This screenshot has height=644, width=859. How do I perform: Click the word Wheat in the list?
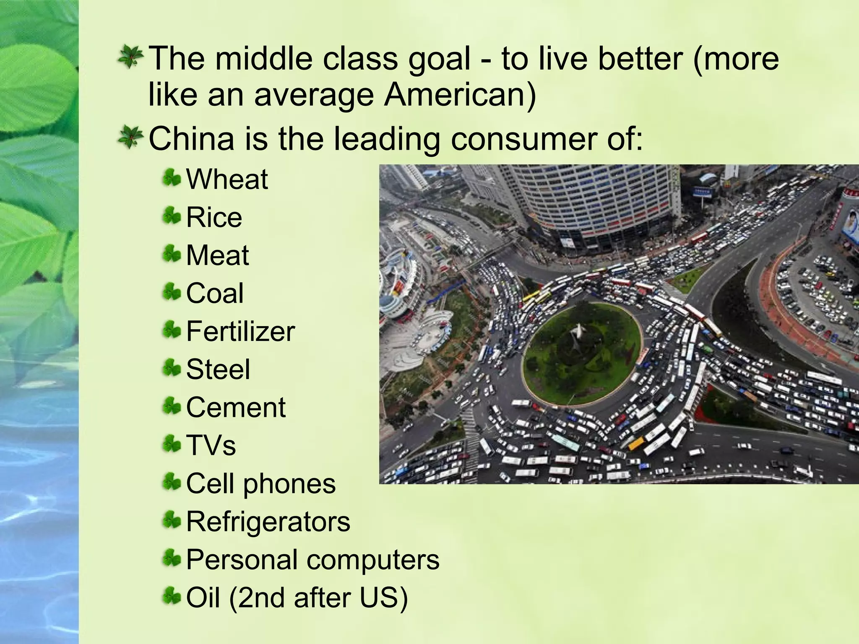tap(226, 179)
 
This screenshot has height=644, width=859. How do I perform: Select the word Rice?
tap(214, 218)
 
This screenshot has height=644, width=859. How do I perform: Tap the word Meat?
tap(217, 255)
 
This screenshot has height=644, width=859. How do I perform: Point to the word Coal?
tap(214, 293)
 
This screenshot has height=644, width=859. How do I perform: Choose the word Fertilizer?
tap(240, 331)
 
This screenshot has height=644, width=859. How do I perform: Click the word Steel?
tap(218, 369)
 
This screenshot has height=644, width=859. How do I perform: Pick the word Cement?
tap(236, 408)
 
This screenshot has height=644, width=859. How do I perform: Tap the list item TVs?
tap(211, 445)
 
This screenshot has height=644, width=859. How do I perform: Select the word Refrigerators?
tap(268, 522)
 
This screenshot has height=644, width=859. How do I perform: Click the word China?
tap(191, 139)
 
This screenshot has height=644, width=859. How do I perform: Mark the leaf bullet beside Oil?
tap(172, 596)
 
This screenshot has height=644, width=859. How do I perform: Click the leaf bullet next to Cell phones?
tap(172, 482)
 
